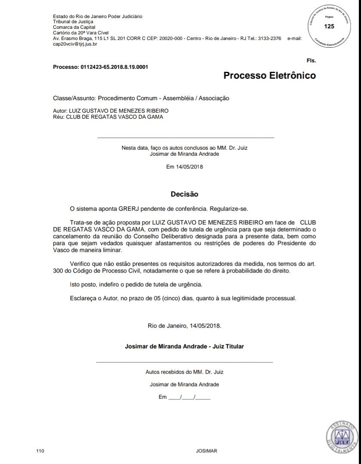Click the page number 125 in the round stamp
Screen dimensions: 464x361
(329, 26)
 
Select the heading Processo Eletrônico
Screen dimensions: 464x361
(269, 76)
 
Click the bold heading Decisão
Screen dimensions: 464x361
(184, 194)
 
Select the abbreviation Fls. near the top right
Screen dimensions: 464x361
(311, 61)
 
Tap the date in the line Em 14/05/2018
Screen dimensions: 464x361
(190, 166)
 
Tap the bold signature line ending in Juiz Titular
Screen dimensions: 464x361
(184, 346)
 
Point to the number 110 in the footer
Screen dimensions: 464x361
(41, 451)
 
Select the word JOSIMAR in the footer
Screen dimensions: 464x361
(206, 451)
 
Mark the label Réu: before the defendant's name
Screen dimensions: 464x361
(59, 117)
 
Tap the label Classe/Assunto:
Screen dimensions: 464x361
(71, 98)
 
